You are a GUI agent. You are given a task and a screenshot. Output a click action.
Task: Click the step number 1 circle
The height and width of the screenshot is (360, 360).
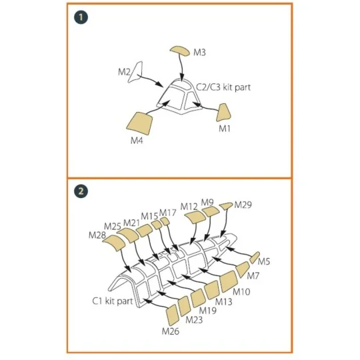(81, 17)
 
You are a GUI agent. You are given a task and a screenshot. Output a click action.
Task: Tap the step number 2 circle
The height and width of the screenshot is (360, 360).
(81, 191)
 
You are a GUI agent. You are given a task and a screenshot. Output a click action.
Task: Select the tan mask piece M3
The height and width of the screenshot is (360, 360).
(180, 51)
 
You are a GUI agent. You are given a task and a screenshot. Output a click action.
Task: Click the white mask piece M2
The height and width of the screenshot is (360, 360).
(135, 72)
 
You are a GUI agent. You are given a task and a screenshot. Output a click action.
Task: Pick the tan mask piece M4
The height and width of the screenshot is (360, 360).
(139, 123)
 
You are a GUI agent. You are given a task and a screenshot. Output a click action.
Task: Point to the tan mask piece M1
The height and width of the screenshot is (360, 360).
(223, 112)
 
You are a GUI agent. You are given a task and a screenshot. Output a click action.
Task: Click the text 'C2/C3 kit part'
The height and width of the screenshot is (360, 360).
(223, 87)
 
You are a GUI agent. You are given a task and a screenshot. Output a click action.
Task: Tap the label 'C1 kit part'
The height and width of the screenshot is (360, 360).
(113, 301)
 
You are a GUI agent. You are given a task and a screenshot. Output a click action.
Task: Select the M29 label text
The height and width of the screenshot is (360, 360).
(243, 205)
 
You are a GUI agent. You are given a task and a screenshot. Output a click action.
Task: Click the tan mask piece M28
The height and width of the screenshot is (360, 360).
(115, 243)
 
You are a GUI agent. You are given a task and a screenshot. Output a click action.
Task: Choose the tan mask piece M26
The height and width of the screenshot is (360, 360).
(172, 315)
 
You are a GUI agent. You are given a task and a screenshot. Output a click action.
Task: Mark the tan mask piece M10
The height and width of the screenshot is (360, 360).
(229, 281)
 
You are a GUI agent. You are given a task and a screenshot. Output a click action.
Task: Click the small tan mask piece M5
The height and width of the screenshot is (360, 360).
(255, 257)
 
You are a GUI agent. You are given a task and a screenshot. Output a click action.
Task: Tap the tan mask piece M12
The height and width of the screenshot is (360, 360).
(195, 217)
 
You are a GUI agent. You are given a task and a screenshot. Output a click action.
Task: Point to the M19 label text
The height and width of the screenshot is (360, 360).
(207, 311)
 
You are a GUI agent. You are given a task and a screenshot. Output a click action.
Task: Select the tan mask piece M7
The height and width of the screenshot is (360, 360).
(243, 269)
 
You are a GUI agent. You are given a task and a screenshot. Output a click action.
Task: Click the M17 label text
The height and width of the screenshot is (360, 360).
(167, 213)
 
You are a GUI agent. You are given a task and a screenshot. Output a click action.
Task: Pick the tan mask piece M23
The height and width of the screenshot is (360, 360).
(185, 306)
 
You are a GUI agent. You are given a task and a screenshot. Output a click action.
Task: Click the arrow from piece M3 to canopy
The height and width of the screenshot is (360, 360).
(181, 68)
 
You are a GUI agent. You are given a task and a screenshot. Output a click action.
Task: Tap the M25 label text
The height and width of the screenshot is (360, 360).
(113, 227)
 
